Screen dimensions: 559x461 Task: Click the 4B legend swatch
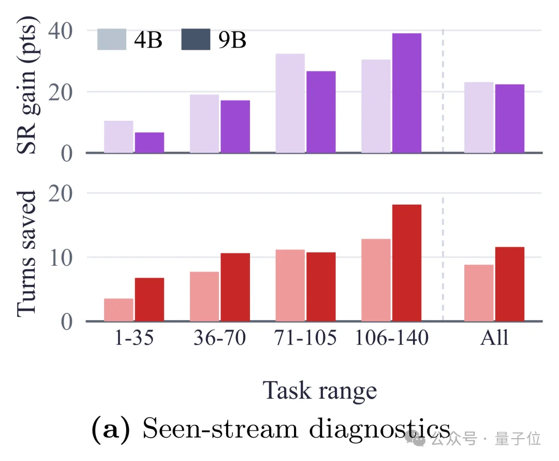coord(112,39)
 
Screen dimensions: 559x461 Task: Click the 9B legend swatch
coord(196,39)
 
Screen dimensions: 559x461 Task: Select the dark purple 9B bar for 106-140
coord(407,93)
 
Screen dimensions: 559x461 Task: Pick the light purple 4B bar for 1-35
coord(119,137)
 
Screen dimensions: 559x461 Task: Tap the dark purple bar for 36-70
coord(236,127)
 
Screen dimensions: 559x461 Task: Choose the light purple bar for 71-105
coord(290,104)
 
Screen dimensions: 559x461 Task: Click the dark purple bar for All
coord(510,119)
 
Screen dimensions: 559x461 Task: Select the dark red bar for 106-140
coord(407,263)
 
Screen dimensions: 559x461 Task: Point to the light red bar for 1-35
coord(119,310)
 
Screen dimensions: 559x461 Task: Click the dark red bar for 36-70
coord(236,287)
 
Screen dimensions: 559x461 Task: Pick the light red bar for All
coord(479,293)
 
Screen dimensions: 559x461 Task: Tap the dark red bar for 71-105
coord(321,287)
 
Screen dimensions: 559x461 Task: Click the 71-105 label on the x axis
coord(305,338)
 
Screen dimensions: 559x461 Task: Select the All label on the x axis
coord(494,338)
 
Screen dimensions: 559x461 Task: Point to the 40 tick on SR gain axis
coord(60,31)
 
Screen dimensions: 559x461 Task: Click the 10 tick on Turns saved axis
coord(61,257)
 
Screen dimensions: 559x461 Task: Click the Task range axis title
coord(320,391)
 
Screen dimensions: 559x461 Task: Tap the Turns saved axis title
coord(26,254)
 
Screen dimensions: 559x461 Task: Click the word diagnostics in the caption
coord(379,428)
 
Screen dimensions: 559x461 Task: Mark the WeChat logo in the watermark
coord(415,438)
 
